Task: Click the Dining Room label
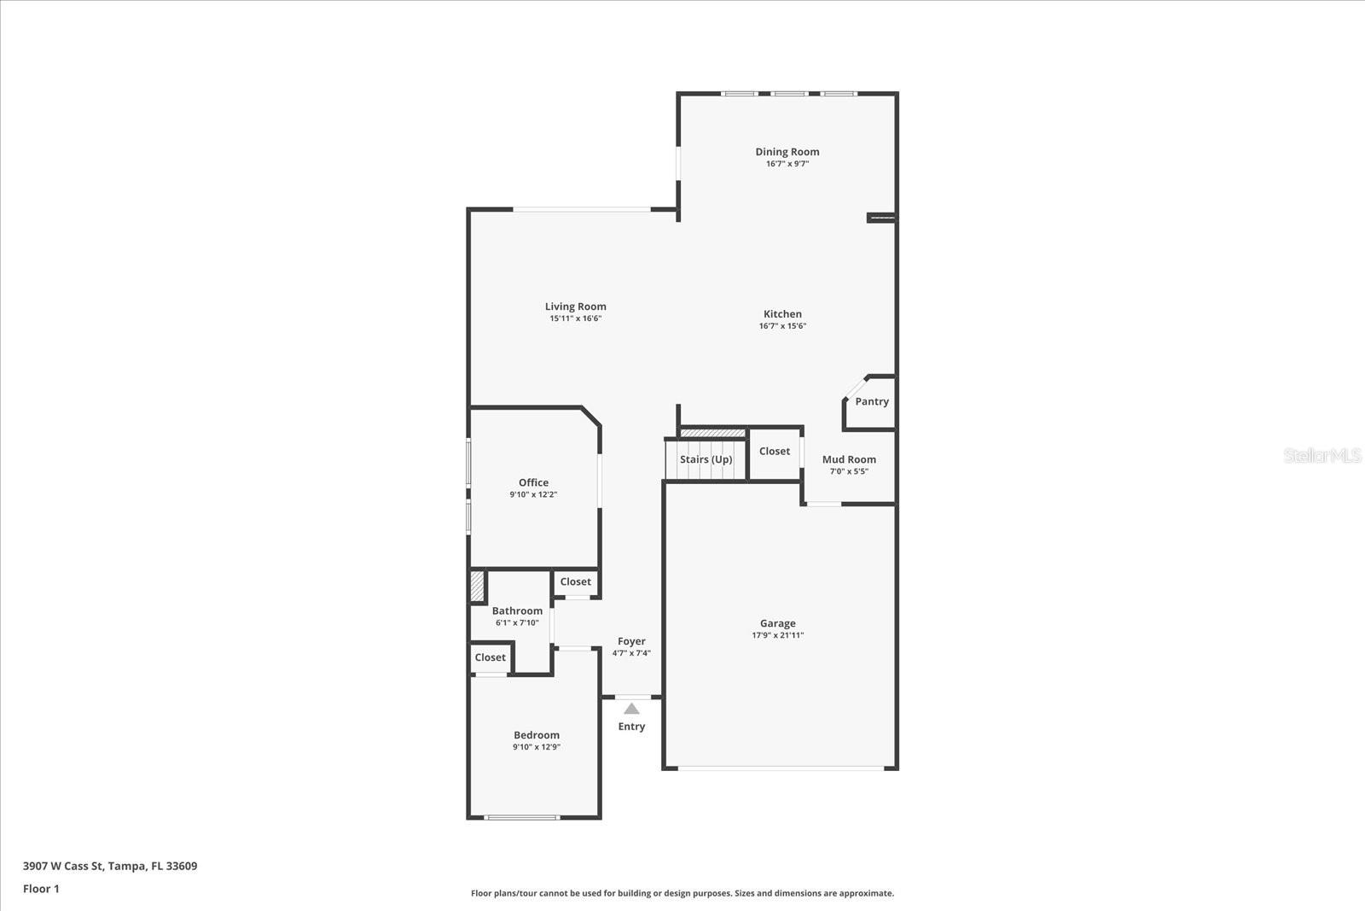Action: point(787,152)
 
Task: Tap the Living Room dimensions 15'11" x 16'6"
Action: point(575,318)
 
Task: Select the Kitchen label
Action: point(782,314)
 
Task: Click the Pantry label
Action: point(872,401)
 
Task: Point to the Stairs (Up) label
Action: point(706,459)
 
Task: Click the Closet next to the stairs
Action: point(775,451)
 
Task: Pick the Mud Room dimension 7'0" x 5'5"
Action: point(849,471)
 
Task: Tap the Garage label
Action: point(777,623)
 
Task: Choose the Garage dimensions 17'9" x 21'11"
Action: point(777,635)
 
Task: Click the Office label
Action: point(533,482)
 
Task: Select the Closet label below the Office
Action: point(575,581)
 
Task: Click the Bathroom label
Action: point(517,610)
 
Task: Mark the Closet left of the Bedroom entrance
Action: point(490,657)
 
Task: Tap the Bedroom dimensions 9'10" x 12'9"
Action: point(536,747)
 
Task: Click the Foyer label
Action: point(631,641)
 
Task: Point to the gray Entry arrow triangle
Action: point(631,709)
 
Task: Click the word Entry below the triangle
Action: point(631,727)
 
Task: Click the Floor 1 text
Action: point(41,889)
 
